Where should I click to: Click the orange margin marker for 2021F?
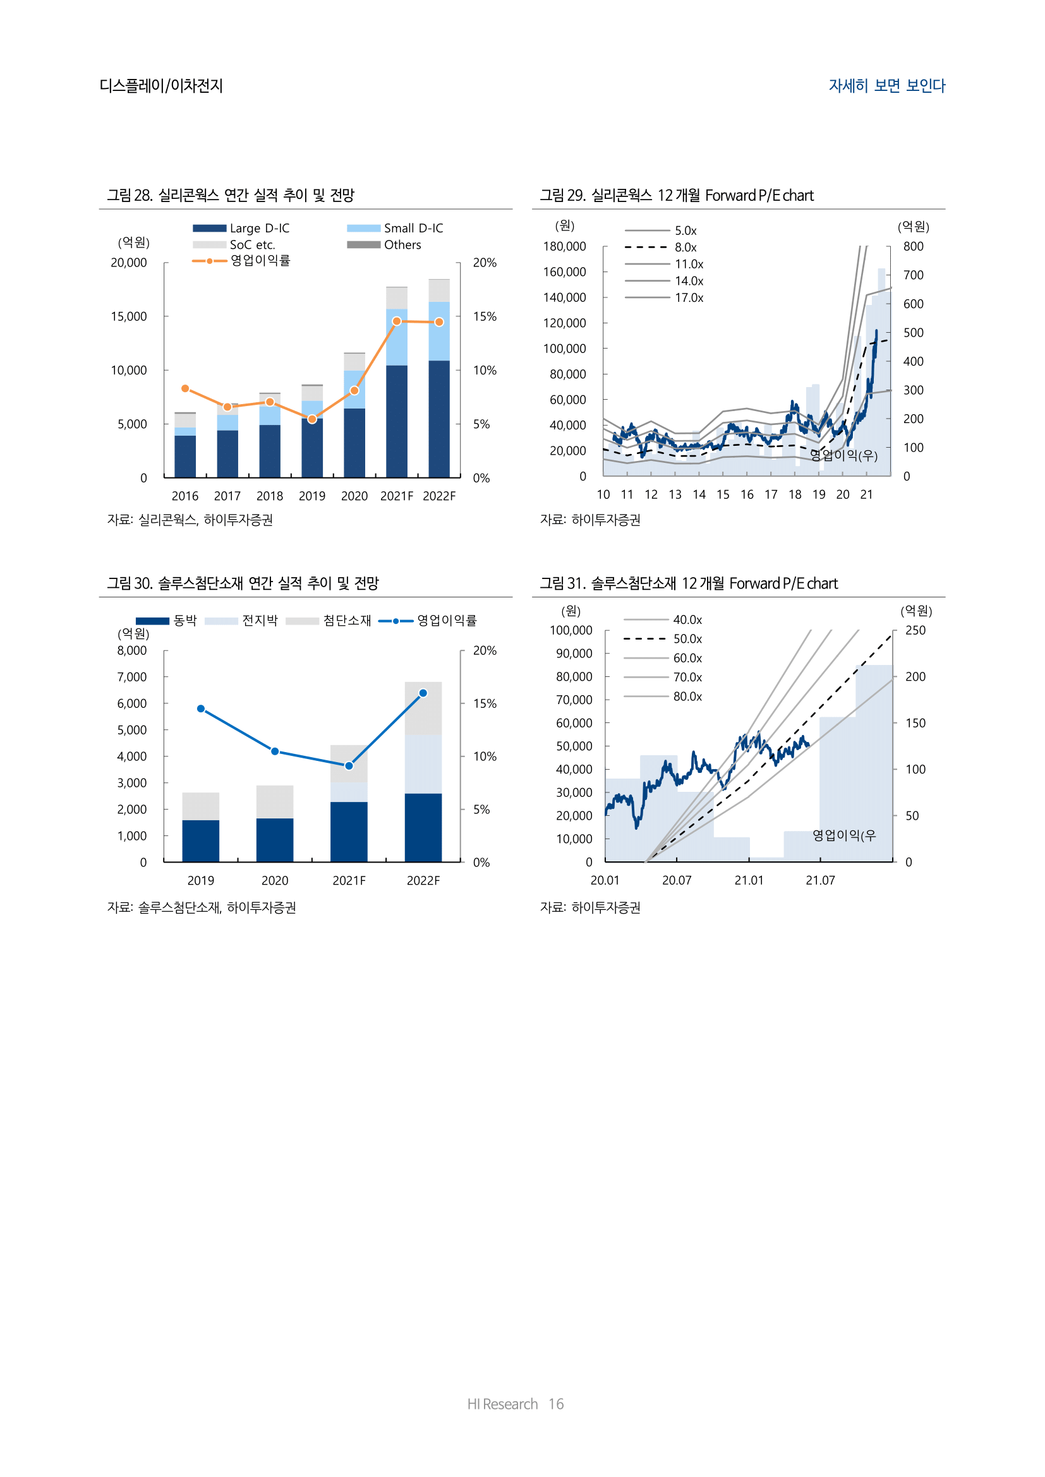pyautogui.click(x=396, y=321)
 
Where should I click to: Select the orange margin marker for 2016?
pyautogui.click(x=185, y=388)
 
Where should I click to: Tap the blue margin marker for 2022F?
pyautogui.click(x=423, y=693)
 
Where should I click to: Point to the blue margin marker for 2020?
pyautogui.click(x=275, y=751)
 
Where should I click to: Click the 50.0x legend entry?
pyautogui.click(x=663, y=639)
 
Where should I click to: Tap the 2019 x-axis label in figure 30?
pyautogui.click(x=201, y=881)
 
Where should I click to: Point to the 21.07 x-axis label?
pyautogui.click(x=820, y=881)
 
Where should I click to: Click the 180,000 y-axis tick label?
pyautogui.click(x=564, y=246)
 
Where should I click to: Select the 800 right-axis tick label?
pyautogui.click(x=912, y=246)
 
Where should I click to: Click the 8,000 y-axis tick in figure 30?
pyautogui.click(x=132, y=650)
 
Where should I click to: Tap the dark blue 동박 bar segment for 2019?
pyautogui.click(x=201, y=840)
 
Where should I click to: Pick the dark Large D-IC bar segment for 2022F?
pyautogui.click(x=439, y=419)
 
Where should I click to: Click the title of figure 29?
pyautogui.click(x=676, y=196)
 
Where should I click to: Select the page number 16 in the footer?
pyautogui.click(x=556, y=1404)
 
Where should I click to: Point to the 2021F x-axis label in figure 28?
pyautogui.click(x=396, y=496)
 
